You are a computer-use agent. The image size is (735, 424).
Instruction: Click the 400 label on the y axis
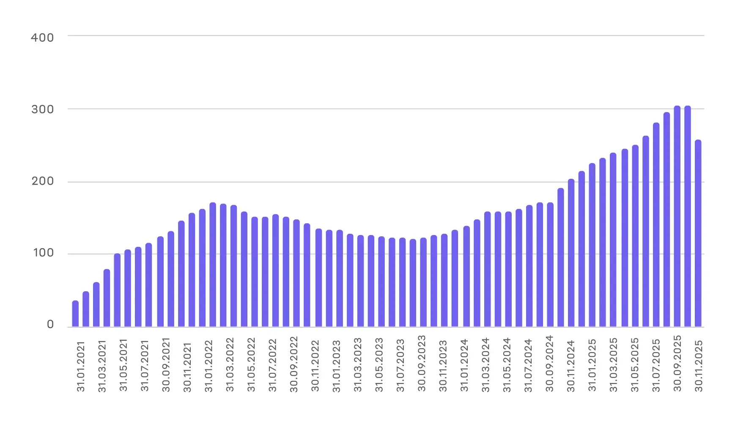[42, 38]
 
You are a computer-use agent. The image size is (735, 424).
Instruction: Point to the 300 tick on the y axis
[42, 109]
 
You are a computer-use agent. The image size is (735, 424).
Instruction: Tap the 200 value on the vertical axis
[42, 181]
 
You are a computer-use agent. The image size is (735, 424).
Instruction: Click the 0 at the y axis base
[50, 325]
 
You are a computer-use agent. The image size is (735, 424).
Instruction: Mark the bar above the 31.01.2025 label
[592, 245]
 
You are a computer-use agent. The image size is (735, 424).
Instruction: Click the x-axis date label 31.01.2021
[81, 367]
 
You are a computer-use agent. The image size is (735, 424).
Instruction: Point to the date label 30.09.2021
[166, 365]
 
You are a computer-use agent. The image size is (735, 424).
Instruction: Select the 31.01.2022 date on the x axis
[208, 367]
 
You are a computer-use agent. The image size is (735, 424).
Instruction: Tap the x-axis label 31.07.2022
[272, 366]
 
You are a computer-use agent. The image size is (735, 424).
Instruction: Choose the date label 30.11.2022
[315, 366]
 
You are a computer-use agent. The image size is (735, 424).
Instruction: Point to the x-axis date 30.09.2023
[422, 364]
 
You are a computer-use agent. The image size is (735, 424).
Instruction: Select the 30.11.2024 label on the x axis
[570, 366]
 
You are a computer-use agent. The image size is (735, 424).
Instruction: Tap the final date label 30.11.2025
[699, 366]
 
